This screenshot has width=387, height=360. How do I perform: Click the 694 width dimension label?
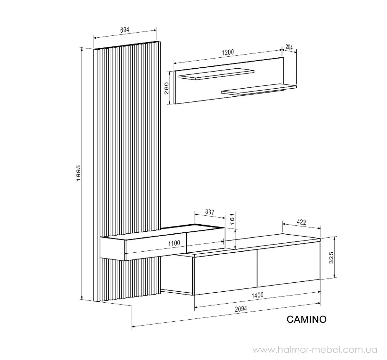pyautogui.click(x=125, y=30)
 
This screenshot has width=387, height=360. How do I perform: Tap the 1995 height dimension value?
pyautogui.click(x=78, y=173)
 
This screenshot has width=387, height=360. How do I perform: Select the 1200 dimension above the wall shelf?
pyautogui.click(x=228, y=53)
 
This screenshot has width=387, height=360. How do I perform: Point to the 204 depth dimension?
pyautogui.click(x=289, y=47)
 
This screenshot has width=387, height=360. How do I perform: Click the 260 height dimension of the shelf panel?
pyautogui.click(x=167, y=88)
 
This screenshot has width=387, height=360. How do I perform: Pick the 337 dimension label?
pyautogui.click(x=210, y=212)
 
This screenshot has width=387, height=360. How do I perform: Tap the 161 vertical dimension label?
pyautogui.click(x=232, y=219)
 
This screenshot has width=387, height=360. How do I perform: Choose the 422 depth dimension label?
pyautogui.click(x=301, y=222)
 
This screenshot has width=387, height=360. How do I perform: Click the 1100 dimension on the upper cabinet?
pyautogui.click(x=174, y=243)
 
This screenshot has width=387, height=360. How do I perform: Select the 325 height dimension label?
pyautogui.click(x=331, y=258)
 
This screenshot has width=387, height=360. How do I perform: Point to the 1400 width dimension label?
pyautogui.click(x=257, y=295)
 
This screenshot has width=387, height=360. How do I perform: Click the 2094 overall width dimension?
pyautogui.click(x=241, y=309)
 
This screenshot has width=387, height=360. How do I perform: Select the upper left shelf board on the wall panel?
pyautogui.click(x=216, y=74)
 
